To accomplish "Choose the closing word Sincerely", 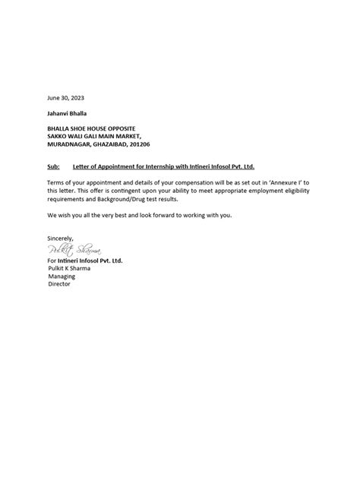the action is (61, 238).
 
